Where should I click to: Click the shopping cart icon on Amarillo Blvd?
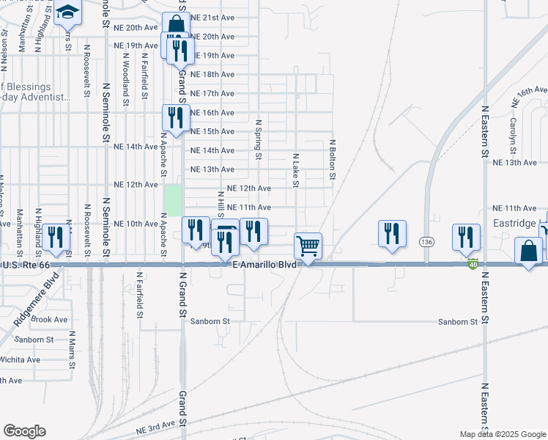click(308, 246)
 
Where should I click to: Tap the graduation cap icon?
click(67, 12)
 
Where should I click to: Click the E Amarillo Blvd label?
click(264, 265)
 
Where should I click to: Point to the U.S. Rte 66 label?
click(26, 265)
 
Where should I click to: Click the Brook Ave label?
click(50, 320)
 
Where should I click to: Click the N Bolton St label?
click(332, 160)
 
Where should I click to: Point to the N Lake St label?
click(295, 170)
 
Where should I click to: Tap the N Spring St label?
click(258, 139)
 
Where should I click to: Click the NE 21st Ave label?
click(212, 17)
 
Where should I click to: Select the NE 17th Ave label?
click(212, 93)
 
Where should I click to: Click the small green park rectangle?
click(173, 199)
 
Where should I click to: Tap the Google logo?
click(24, 431)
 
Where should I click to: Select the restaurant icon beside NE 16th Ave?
click(176, 117)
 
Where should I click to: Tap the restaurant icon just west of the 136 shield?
click(392, 234)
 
